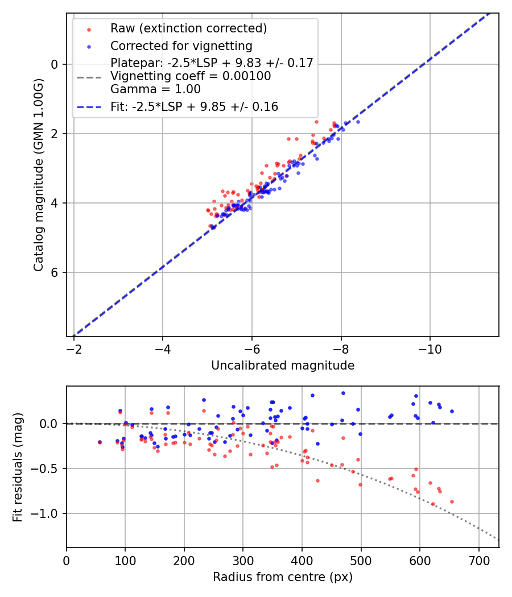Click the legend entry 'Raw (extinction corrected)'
(x=188, y=28)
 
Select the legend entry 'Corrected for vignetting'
(x=181, y=45)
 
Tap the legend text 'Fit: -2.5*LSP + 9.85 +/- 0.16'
(x=194, y=107)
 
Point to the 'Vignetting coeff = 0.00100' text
(x=191, y=76)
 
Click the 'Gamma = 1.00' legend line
(x=155, y=89)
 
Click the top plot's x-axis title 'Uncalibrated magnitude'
(x=283, y=366)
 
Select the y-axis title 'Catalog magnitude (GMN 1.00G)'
(x=38, y=174)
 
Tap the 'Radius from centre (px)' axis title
(x=283, y=577)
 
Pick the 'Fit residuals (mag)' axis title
(x=18, y=467)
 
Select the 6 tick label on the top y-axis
(x=55, y=272)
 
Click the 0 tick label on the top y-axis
(x=55, y=64)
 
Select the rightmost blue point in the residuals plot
(x=452, y=411)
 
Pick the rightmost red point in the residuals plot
(x=452, y=501)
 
